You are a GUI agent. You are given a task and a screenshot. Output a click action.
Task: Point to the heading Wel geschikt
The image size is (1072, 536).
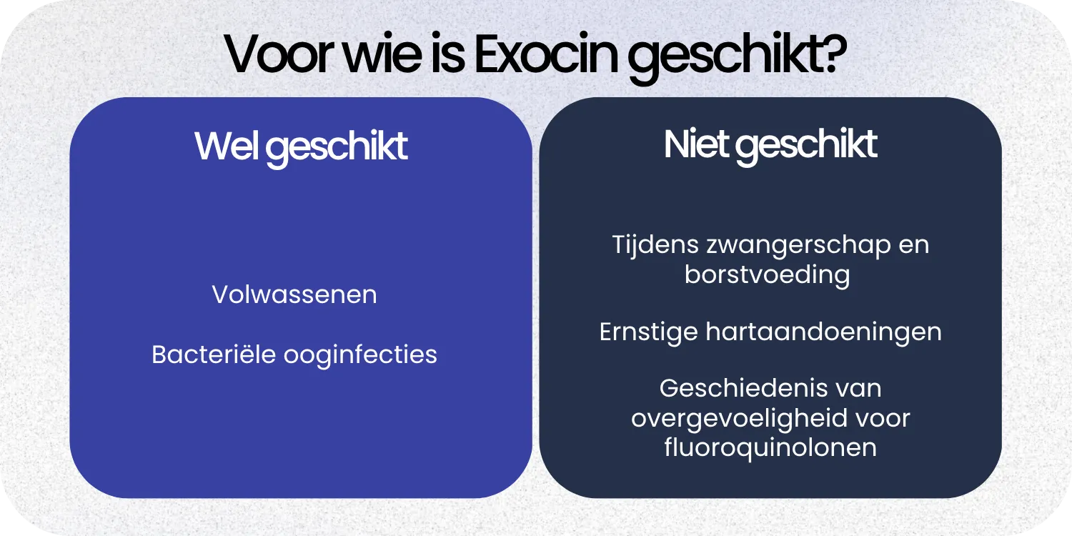pos(301,147)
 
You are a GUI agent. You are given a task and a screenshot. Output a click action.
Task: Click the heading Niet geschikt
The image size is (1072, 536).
pos(770,145)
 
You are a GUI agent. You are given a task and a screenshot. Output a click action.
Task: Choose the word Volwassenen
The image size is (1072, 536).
pos(294,294)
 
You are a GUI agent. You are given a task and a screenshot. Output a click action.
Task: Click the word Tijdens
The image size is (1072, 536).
pos(654,245)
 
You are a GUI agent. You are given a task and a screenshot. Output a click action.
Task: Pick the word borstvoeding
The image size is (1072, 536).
pos(767,275)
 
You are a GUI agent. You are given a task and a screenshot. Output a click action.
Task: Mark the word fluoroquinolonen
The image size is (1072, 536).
pos(770,447)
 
